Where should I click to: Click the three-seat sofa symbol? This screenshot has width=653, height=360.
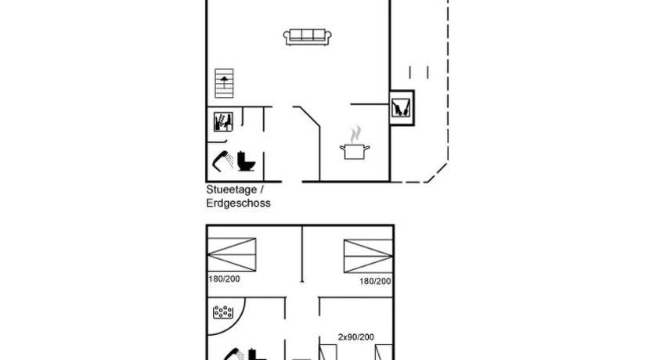coord(308,37)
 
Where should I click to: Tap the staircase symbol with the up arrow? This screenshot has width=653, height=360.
coord(224,83)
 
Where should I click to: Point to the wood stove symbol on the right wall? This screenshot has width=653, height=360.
coord(402,108)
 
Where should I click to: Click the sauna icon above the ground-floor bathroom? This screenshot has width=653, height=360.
coord(223,122)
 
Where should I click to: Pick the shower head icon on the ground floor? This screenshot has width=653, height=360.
coord(223,161)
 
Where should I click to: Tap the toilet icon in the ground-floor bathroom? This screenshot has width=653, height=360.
coord(246,161)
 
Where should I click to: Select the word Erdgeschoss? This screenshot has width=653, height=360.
coord(238,203)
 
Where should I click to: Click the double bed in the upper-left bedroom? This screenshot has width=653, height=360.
coord(232,254)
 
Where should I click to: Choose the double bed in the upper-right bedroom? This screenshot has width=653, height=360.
coord(368,256)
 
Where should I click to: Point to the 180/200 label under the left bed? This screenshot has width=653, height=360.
coord(224,279)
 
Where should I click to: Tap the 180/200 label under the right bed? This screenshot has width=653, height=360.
coord(375,281)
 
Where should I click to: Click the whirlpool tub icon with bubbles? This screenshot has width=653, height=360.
coord(223,312)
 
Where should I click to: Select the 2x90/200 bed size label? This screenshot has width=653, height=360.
coord(356,337)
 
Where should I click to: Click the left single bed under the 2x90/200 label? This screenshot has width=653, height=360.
coord(328,352)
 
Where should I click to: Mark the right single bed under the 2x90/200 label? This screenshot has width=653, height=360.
coord(384,352)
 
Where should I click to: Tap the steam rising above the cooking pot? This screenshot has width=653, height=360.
coord(355,135)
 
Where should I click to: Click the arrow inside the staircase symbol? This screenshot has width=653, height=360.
coord(225,82)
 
